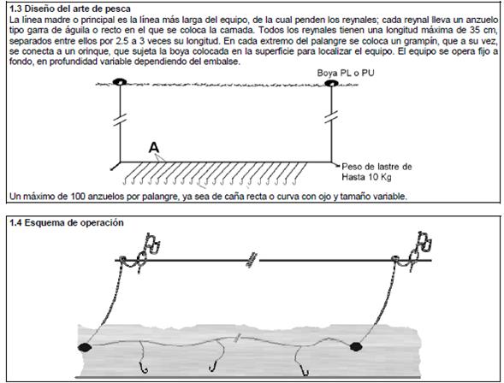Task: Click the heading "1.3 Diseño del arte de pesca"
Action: [70, 9]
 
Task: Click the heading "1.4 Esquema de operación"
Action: [67, 222]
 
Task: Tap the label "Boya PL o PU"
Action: [346, 73]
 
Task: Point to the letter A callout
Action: [154, 148]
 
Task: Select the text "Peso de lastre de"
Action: [377, 167]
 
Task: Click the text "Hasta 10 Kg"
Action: [366, 177]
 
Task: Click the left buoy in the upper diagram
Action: [119, 82]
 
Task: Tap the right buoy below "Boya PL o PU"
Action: [331, 83]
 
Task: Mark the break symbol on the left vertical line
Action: [120, 120]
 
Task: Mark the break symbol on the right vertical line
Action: [331, 116]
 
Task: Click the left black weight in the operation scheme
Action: [85, 347]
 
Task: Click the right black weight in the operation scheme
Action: [355, 346]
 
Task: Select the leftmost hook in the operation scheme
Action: [143, 368]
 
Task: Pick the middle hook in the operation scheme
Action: [212, 366]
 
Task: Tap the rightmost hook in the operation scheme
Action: [305, 370]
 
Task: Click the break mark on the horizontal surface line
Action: [252, 260]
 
